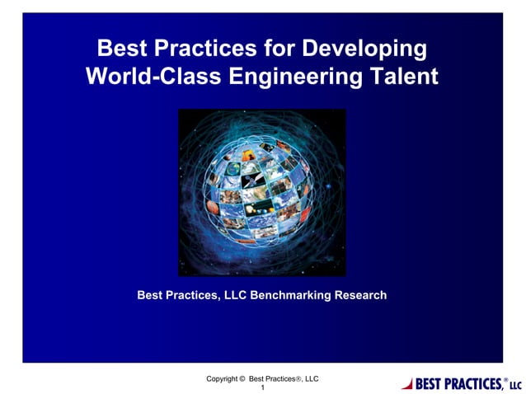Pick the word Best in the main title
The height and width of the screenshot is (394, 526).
[x=121, y=49]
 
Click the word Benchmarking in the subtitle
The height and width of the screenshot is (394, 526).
[x=289, y=295]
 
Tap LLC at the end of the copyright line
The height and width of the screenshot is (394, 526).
[x=310, y=378]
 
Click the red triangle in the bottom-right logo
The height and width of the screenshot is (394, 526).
[x=406, y=383]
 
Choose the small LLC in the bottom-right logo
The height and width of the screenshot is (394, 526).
[x=515, y=386]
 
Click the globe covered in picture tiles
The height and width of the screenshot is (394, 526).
[x=262, y=192]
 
